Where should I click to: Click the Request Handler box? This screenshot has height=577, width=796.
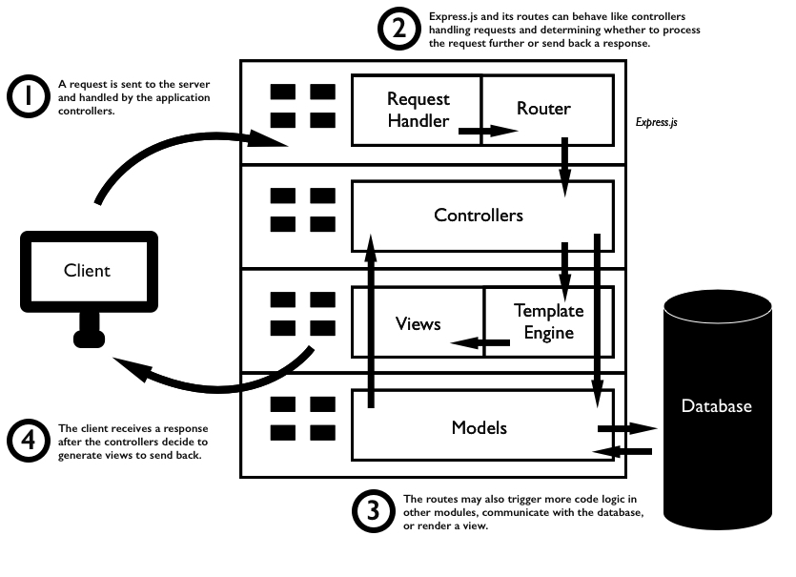[x=417, y=110]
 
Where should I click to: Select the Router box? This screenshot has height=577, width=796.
[x=544, y=109]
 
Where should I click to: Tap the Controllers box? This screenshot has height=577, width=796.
[x=479, y=216]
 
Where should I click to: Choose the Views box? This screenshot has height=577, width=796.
[x=418, y=324]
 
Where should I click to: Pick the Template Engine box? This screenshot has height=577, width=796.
[x=548, y=321]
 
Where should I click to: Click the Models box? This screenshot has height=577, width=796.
[x=480, y=427]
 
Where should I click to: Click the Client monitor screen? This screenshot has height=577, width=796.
[x=87, y=270]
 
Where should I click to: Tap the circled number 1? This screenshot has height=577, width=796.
[x=30, y=96]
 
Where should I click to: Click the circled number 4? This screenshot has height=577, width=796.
[x=30, y=441]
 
